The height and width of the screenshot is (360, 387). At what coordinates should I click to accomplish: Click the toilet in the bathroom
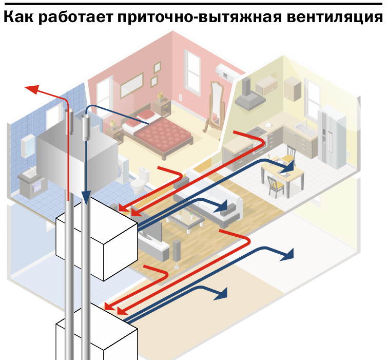coord(139,180)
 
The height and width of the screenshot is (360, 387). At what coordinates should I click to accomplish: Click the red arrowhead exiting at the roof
coord(32,88)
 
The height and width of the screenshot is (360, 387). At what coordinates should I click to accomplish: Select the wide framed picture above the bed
coord(132,85)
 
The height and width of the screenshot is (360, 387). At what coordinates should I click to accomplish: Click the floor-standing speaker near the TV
coord(176,252)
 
